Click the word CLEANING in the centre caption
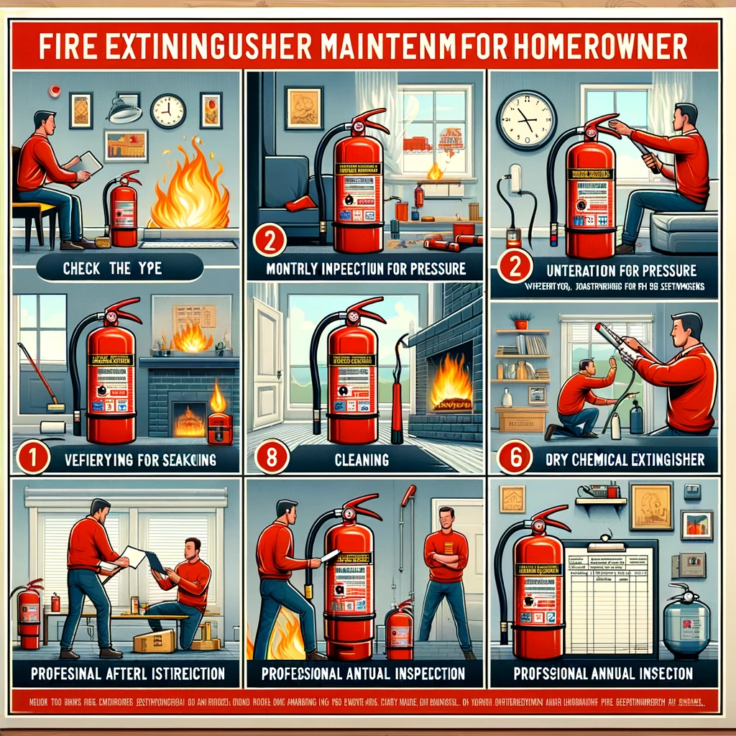click(x=366, y=459)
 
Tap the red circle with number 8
click(x=272, y=459)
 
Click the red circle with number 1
click(x=32, y=458)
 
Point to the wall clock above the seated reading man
click(x=167, y=111)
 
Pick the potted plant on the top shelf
click(x=521, y=319)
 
